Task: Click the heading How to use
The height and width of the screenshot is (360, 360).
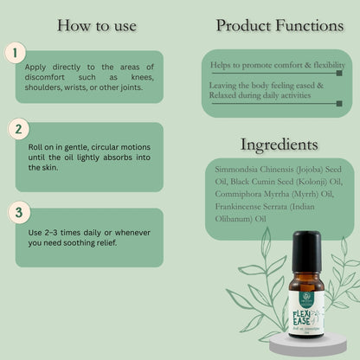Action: pos(96,25)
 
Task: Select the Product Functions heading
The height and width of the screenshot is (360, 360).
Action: pos(279,25)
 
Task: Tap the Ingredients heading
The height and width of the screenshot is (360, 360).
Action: pos(279,144)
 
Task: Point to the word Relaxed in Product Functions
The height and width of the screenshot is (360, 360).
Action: pos(228,96)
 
